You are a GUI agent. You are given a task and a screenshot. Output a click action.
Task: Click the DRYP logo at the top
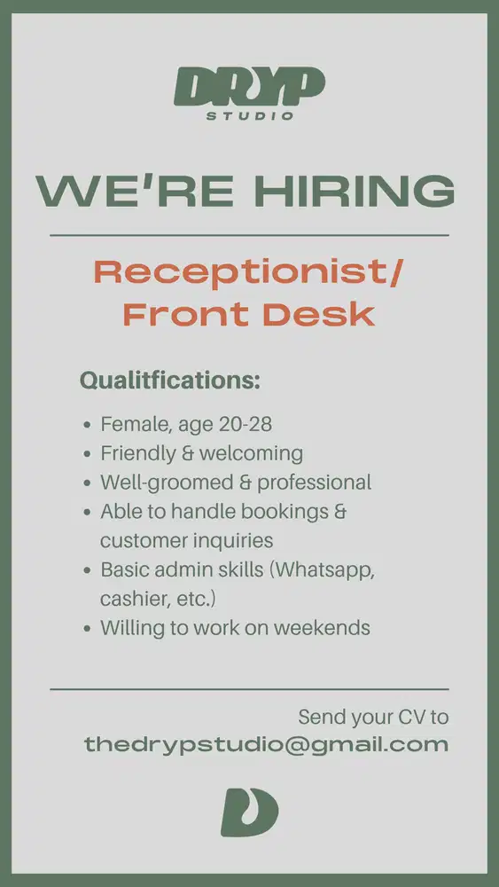(x=249, y=87)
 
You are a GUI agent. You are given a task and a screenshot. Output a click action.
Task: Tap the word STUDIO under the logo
(x=249, y=116)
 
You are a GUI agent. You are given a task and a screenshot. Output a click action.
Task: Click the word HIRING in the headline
(x=354, y=191)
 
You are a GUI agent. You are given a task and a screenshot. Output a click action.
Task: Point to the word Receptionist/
(x=248, y=272)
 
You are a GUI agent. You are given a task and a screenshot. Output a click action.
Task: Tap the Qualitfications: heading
(x=170, y=381)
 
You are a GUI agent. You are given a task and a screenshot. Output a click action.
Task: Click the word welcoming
(x=251, y=453)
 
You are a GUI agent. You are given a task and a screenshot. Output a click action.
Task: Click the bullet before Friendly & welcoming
(x=87, y=454)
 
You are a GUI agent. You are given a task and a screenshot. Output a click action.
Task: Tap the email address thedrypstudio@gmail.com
(x=266, y=745)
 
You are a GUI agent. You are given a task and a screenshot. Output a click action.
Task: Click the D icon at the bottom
(x=249, y=812)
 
